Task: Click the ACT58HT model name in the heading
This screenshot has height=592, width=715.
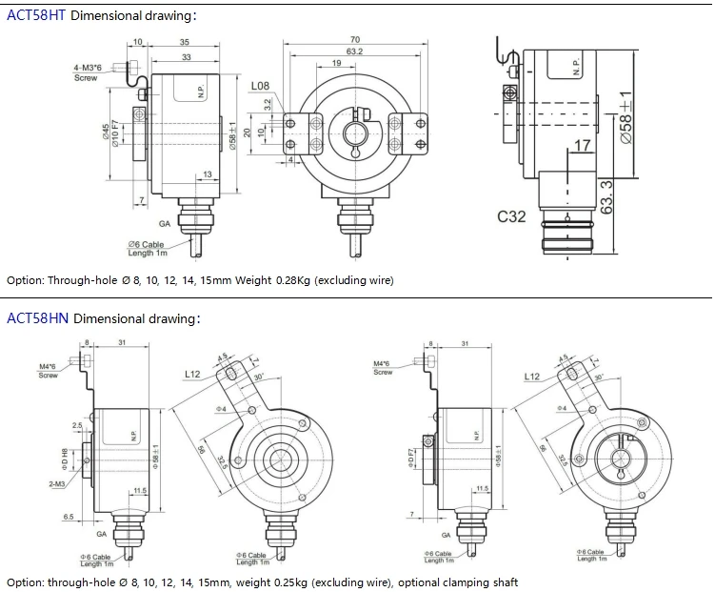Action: tap(36, 16)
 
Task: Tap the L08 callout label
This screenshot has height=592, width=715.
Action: tap(260, 87)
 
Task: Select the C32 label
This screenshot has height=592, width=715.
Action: tap(511, 217)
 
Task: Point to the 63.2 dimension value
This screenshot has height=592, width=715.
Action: tap(354, 51)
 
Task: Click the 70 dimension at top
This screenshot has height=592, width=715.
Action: tap(354, 39)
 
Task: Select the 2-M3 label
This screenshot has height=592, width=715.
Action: tap(56, 484)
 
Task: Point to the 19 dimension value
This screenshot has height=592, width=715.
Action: tap(337, 63)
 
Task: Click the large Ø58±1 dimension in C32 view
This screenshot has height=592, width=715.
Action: tap(626, 117)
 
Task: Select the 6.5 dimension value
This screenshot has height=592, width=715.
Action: tap(69, 516)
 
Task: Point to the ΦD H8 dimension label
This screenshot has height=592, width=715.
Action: tap(65, 459)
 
